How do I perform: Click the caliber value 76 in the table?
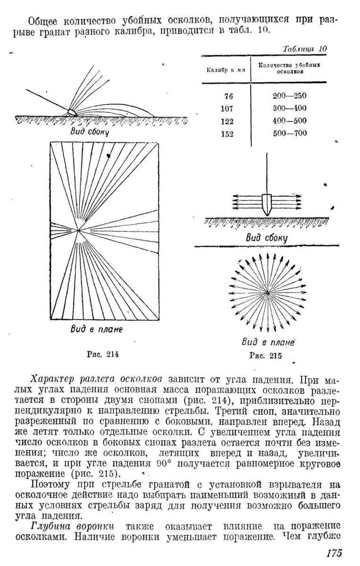pyautogui.click(x=229, y=96)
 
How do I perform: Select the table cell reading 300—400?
pyautogui.click(x=289, y=108)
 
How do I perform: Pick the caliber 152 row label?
pyautogui.click(x=227, y=133)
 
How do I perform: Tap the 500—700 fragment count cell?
pyautogui.click(x=289, y=133)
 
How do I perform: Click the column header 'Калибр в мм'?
pyautogui.click(x=221, y=70)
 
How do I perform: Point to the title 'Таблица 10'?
pyautogui.click(x=304, y=49)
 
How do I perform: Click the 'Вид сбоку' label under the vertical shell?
pyautogui.click(x=267, y=238)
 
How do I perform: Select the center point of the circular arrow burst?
pyautogui.click(x=268, y=292)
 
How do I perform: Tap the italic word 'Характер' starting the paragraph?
pyautogui.click(x=50, y=379)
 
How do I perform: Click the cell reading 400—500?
pyautogui.click(x=289, y=120)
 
